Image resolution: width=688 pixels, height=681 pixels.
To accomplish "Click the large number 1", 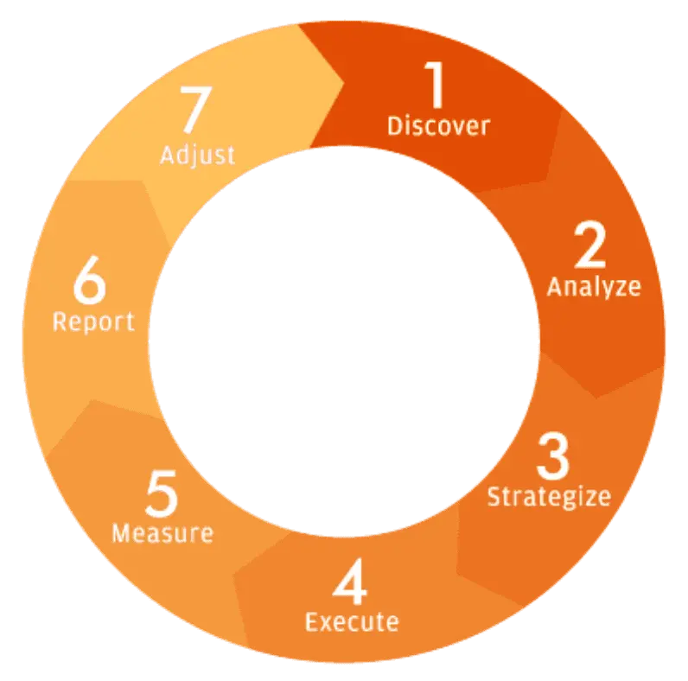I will pyautogui.click(x=436, y=86).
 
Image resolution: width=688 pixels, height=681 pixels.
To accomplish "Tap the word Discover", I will pyautogui.click(x=438, y=126).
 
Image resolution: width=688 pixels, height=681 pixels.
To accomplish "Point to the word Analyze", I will pyautogui.click(x=594, y=286).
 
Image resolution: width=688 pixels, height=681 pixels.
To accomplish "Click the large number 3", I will pyautogui.click(x=552, y=457).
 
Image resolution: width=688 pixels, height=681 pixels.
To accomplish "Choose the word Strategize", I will pyautogui.click(x=549, y=497).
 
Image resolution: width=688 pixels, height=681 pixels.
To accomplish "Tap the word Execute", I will pyautogui.click(x=352, y=621).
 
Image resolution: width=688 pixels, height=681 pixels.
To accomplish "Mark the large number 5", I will pyautogui.click(x=162, y=495).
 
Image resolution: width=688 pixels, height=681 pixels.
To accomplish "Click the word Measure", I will pyautogui.click(x=162, y=533).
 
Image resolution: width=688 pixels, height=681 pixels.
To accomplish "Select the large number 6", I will pyautogui.click(x=89, y=283).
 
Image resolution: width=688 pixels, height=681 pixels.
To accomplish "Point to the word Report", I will pyautogui.click(x=93, y=321).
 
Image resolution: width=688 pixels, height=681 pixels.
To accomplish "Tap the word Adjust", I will pyautogui.click(x=197, y=156).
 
